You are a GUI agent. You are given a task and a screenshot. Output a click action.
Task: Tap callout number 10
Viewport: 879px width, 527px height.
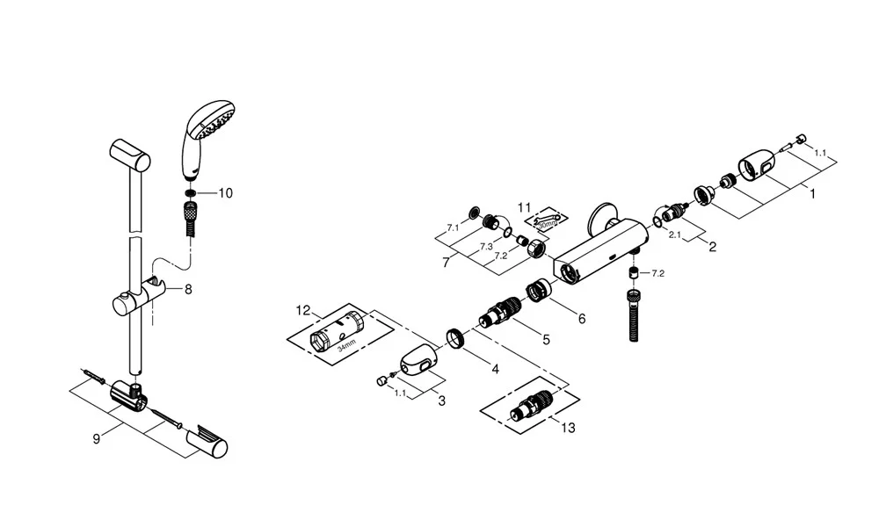[x=225, y=193]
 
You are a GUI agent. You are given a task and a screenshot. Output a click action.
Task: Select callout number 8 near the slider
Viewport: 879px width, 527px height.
[x=188, y=287]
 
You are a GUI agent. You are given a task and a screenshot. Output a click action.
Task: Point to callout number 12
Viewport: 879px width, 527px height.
[x=303, y=309]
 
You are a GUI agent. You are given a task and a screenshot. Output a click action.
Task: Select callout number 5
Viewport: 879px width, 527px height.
[x=546, y=338]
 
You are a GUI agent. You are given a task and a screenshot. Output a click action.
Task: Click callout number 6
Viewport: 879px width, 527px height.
[x=581, y=319]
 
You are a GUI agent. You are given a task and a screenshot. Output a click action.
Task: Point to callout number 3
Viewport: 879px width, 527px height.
[x=441, y=401]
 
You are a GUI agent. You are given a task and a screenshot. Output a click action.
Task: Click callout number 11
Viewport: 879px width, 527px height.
[x=525, y=207]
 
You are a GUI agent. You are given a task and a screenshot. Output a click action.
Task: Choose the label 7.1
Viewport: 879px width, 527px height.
[x=453, y=227]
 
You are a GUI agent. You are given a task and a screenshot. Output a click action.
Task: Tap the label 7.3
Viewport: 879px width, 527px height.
[x=484, y=247]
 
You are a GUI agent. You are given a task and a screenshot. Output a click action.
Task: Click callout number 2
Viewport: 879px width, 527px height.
[x=712, y=247]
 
